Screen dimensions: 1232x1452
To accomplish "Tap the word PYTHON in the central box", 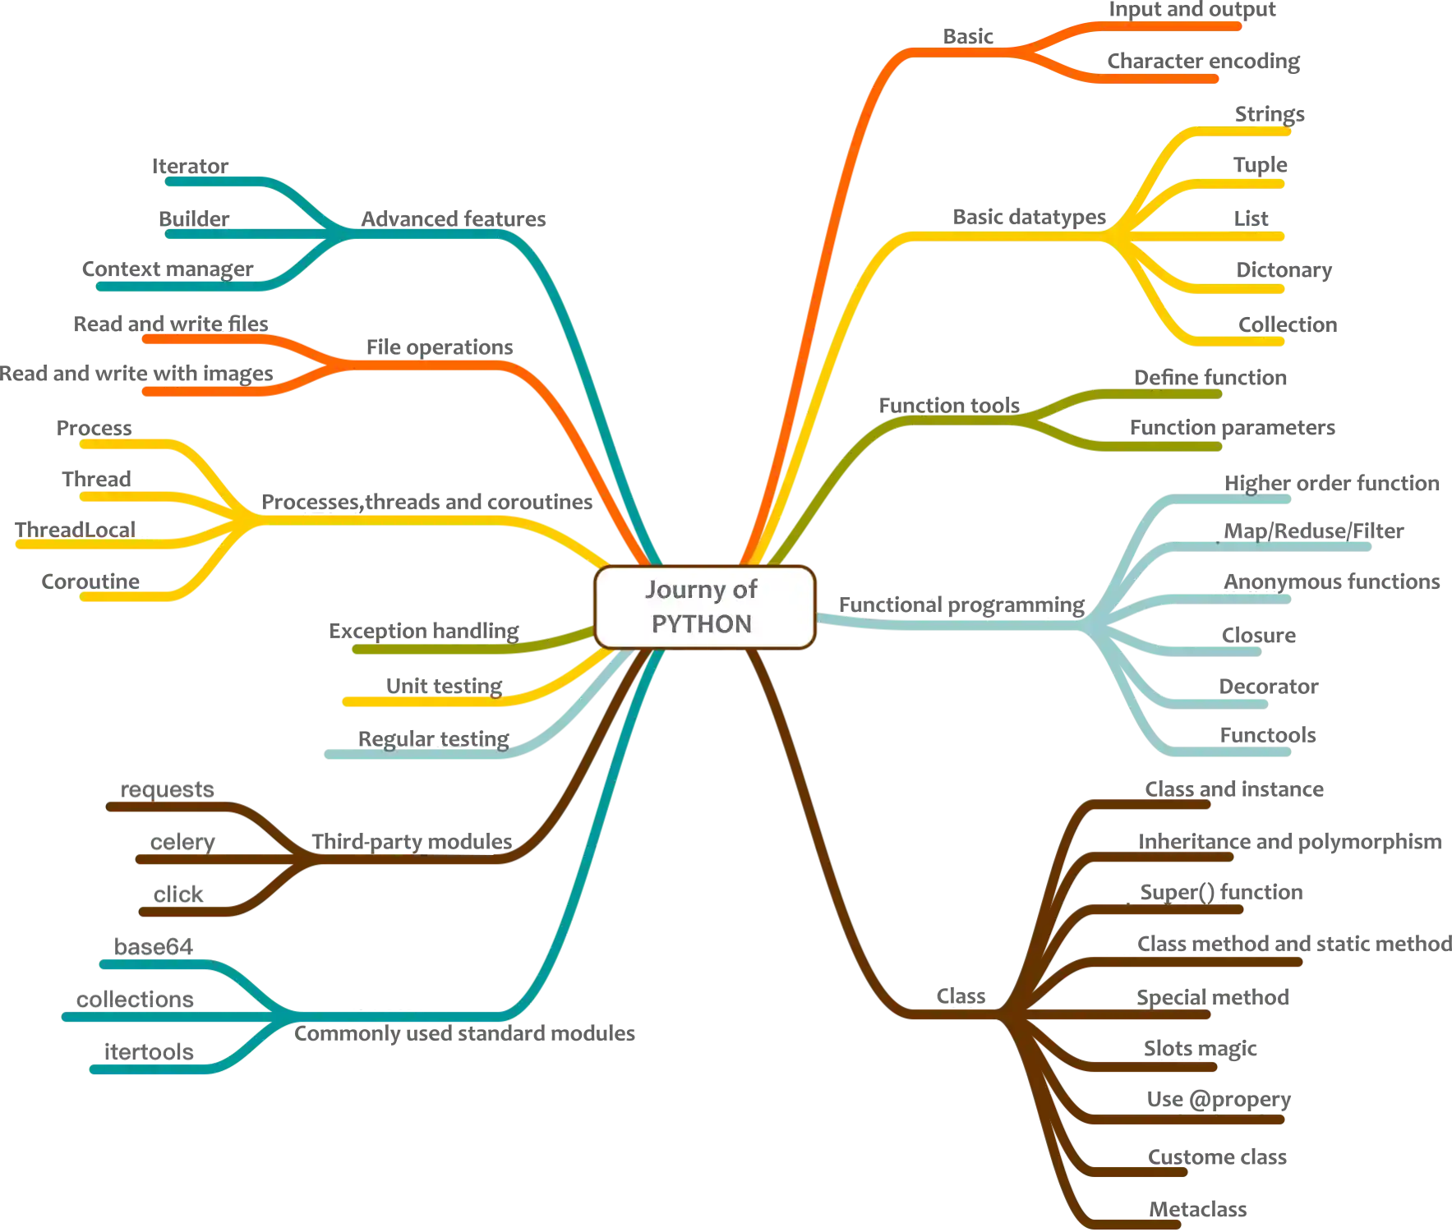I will pyautogui.click(x=702, y=624).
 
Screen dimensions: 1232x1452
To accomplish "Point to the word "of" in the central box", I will pyautogui.click(x=744, y=590).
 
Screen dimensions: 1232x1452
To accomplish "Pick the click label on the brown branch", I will pyautogui.click(x=176, y=894).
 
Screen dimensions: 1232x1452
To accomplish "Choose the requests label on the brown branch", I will pyautogui.click(x=168, y=790).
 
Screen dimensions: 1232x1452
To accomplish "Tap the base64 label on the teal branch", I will pyautogui.click(x=151, y=947).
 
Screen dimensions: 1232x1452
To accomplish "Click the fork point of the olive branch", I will pyautogui.click(x=1027, y=420).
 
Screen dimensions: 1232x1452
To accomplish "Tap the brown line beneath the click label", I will pyautogui.click(x=189, y=912).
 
